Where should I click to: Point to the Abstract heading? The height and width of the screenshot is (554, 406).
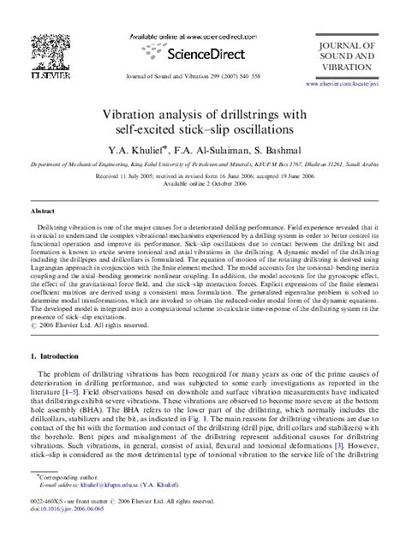tap(43, 209)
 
